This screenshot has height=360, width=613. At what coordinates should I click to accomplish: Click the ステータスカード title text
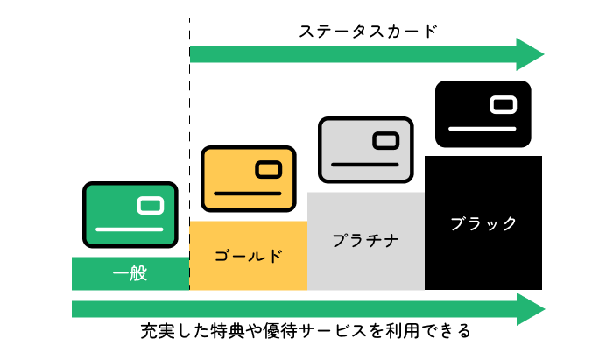[x=368, y=32]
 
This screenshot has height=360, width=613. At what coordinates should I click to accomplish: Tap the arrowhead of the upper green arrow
[x=530, y=54]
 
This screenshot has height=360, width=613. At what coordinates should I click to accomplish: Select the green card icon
[x=130, y=215]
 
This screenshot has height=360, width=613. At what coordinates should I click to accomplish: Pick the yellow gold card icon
[x=248, y=179]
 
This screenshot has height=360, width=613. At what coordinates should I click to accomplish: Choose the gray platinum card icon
[x=365, y=150]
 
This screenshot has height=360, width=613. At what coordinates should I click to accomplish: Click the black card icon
[x=483, y=114]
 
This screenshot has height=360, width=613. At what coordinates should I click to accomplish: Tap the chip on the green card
[x=150, y=206]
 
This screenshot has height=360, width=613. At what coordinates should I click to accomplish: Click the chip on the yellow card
[x=269, y=170]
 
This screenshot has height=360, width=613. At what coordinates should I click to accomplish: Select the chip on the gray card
[x=386, y=141]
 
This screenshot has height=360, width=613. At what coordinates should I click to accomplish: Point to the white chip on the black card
[x=504, y=105]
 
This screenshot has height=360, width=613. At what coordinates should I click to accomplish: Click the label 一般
[x=130, y=273]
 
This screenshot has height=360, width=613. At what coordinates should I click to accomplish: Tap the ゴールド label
[x=248, y=256]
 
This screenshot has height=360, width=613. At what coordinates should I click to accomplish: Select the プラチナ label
[x=365, y=240]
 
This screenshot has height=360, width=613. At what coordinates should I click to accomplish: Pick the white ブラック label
[x=483, y=223]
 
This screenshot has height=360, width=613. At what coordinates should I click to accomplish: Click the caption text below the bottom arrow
[x=306, y=331]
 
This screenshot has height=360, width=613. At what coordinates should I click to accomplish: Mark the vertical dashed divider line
[x=190, y=153]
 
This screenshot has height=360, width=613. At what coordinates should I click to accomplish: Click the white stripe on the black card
[x=482, y=129]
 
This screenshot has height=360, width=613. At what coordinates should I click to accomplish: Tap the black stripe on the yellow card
[x=248, y=194]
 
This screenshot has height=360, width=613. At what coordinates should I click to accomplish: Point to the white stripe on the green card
[x=130, y=229]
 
